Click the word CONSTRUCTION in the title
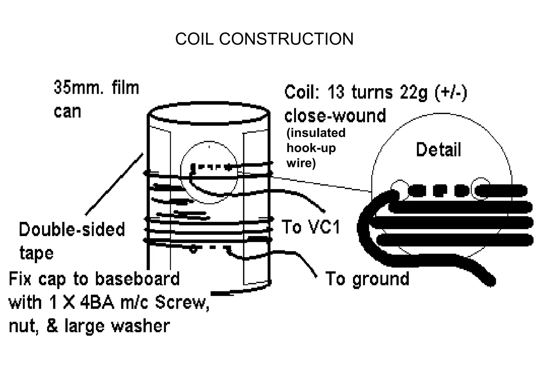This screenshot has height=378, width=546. point(286,39)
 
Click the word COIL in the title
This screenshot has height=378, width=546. point(194,39)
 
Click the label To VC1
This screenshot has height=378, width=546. point(311,227)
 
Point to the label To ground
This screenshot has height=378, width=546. point(367,279)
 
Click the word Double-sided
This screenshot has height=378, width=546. point(72,230)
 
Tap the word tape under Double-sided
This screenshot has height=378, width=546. point(37,254)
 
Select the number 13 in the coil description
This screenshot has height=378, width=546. point(336,92)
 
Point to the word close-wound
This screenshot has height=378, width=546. point(335,115)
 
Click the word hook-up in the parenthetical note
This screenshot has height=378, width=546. point(311,148)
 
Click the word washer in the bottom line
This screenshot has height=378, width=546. point(140,326)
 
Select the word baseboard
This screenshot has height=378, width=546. point(137,279)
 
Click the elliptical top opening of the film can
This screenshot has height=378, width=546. point(209,114)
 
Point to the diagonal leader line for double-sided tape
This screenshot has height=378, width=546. point(114,184)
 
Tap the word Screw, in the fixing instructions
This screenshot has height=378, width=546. point(182,303)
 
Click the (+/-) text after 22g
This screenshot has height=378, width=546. point(451,92)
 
